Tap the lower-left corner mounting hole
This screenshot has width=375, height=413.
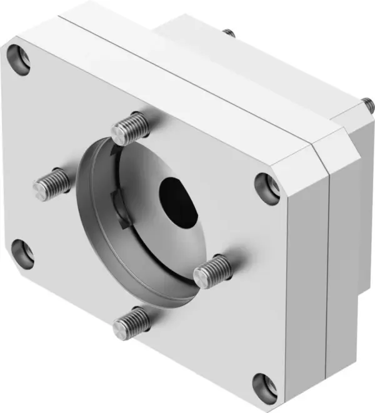22,252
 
